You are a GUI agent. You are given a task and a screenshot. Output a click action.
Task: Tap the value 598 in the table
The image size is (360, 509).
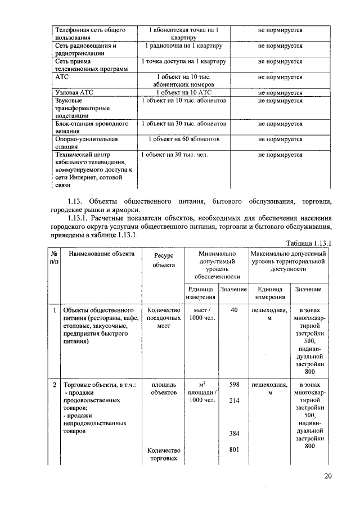[x=235, y=385]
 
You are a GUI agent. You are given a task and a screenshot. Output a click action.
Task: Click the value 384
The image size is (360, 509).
[x=235, y=434]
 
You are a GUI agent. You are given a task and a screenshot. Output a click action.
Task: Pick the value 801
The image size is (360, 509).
[x=235, y=450]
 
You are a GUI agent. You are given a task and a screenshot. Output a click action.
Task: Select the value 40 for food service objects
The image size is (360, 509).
[x=235, y=310]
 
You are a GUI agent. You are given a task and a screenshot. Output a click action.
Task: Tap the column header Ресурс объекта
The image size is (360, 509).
[x=164, y=260]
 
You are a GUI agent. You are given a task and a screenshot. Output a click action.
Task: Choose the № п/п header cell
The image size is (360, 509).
[x=54, y=258]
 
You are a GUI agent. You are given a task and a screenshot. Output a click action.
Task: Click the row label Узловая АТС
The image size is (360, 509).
[x=74, y=92]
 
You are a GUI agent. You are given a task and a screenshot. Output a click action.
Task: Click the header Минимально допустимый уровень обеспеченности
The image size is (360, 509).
[x=217, y=265]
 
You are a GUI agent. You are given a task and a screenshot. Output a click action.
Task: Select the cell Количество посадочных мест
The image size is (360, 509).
[x=164, y=318]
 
